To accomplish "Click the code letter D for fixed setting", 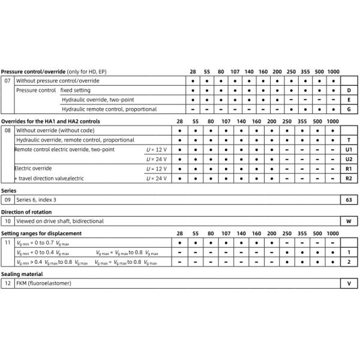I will (x=349, y=90).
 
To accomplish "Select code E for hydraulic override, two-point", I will (x=349, y=100).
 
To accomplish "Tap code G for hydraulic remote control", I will (x=349, y=109).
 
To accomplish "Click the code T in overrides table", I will (x=349, y=139).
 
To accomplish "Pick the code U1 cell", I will (x=349, y=149).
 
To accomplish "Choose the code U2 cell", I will (x=349, y=159).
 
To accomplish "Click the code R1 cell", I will (x=349, y=169).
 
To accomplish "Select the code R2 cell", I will (x=349, y=179).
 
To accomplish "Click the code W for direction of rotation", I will (x=349, y=221).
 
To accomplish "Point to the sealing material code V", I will (x=349, y=283).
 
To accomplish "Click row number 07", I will (x=8, y=80).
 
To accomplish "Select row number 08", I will (x=8, y=130).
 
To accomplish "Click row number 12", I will (x=8, y=283).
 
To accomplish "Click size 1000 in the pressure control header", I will (x=334, y=71).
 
